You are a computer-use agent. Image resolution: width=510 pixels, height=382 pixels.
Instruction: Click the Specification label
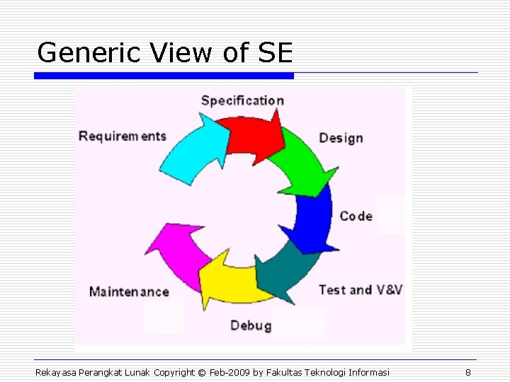point(242,100)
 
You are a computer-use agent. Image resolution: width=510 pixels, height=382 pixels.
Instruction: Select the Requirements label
point(123,136)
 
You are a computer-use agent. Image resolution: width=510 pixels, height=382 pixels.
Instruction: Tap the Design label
point(341,138)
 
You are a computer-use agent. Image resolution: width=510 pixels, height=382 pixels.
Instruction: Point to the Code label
point(356,216)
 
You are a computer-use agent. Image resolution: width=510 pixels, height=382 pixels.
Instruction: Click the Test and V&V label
point(361,289)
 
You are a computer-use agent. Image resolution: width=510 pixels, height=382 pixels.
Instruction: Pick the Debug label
point(251,325)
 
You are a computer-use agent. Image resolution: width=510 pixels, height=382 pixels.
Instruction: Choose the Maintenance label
point(129,291)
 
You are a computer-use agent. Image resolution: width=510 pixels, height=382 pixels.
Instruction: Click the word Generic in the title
point(80,53)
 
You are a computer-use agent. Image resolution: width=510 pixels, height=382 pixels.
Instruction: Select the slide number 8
point(468,372)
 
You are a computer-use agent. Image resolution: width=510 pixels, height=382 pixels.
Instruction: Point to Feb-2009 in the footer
point(230,372)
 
